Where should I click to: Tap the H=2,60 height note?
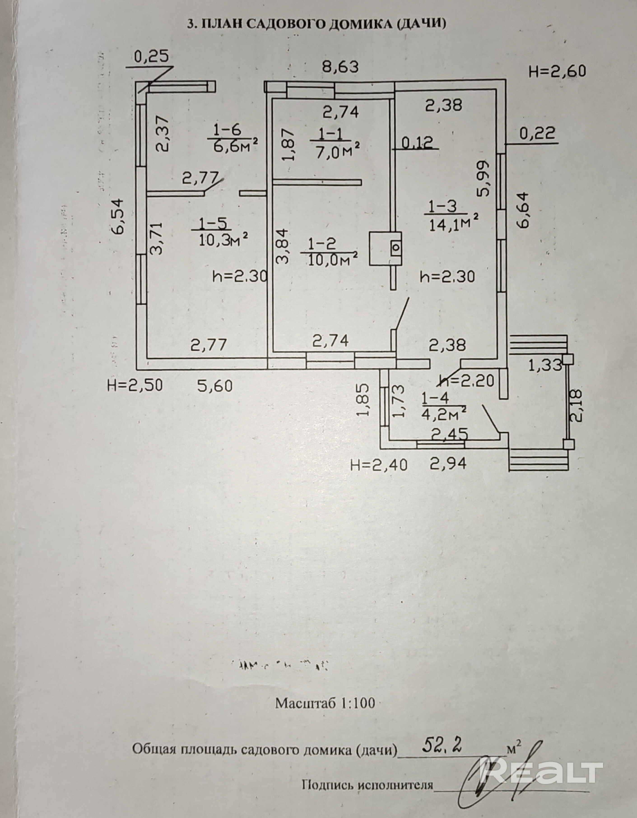557,71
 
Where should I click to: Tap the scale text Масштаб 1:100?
325,703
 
